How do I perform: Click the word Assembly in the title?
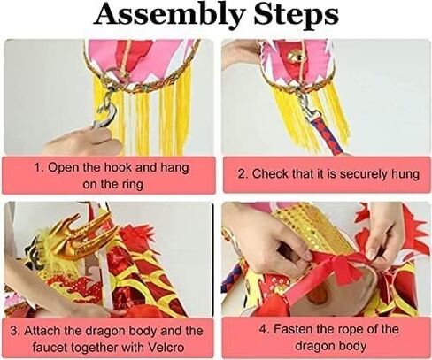pos(170,15)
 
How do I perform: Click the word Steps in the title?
pos(296,15)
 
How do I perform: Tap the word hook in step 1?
pos(119,167)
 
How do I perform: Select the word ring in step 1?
pos(133,184)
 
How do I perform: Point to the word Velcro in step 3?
pos(166,347)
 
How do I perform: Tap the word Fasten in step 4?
pos(292,329)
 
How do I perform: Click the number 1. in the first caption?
pos(39,168)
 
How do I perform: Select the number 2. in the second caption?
pos(243,174)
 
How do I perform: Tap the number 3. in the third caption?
pos(16,331)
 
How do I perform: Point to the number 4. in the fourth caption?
pos(264,329)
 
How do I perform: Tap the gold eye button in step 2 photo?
pos(296,56)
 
